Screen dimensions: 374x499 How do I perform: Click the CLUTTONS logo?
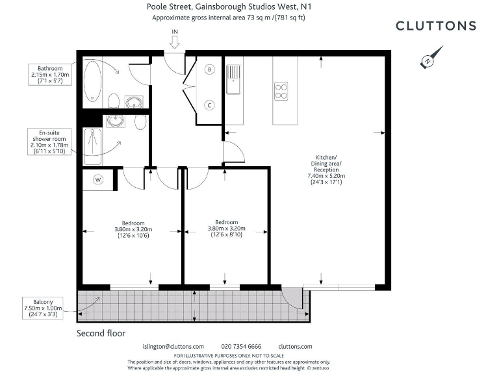435,26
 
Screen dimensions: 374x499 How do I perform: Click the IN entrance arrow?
175,40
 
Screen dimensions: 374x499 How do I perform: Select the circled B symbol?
210,69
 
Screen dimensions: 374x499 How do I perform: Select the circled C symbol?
210,105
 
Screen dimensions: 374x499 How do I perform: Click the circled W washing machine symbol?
98,179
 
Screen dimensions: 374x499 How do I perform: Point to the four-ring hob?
281,90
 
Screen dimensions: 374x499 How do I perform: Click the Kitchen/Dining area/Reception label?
326,170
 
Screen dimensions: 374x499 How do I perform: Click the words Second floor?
101,333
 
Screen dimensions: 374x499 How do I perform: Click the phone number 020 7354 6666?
241,347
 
